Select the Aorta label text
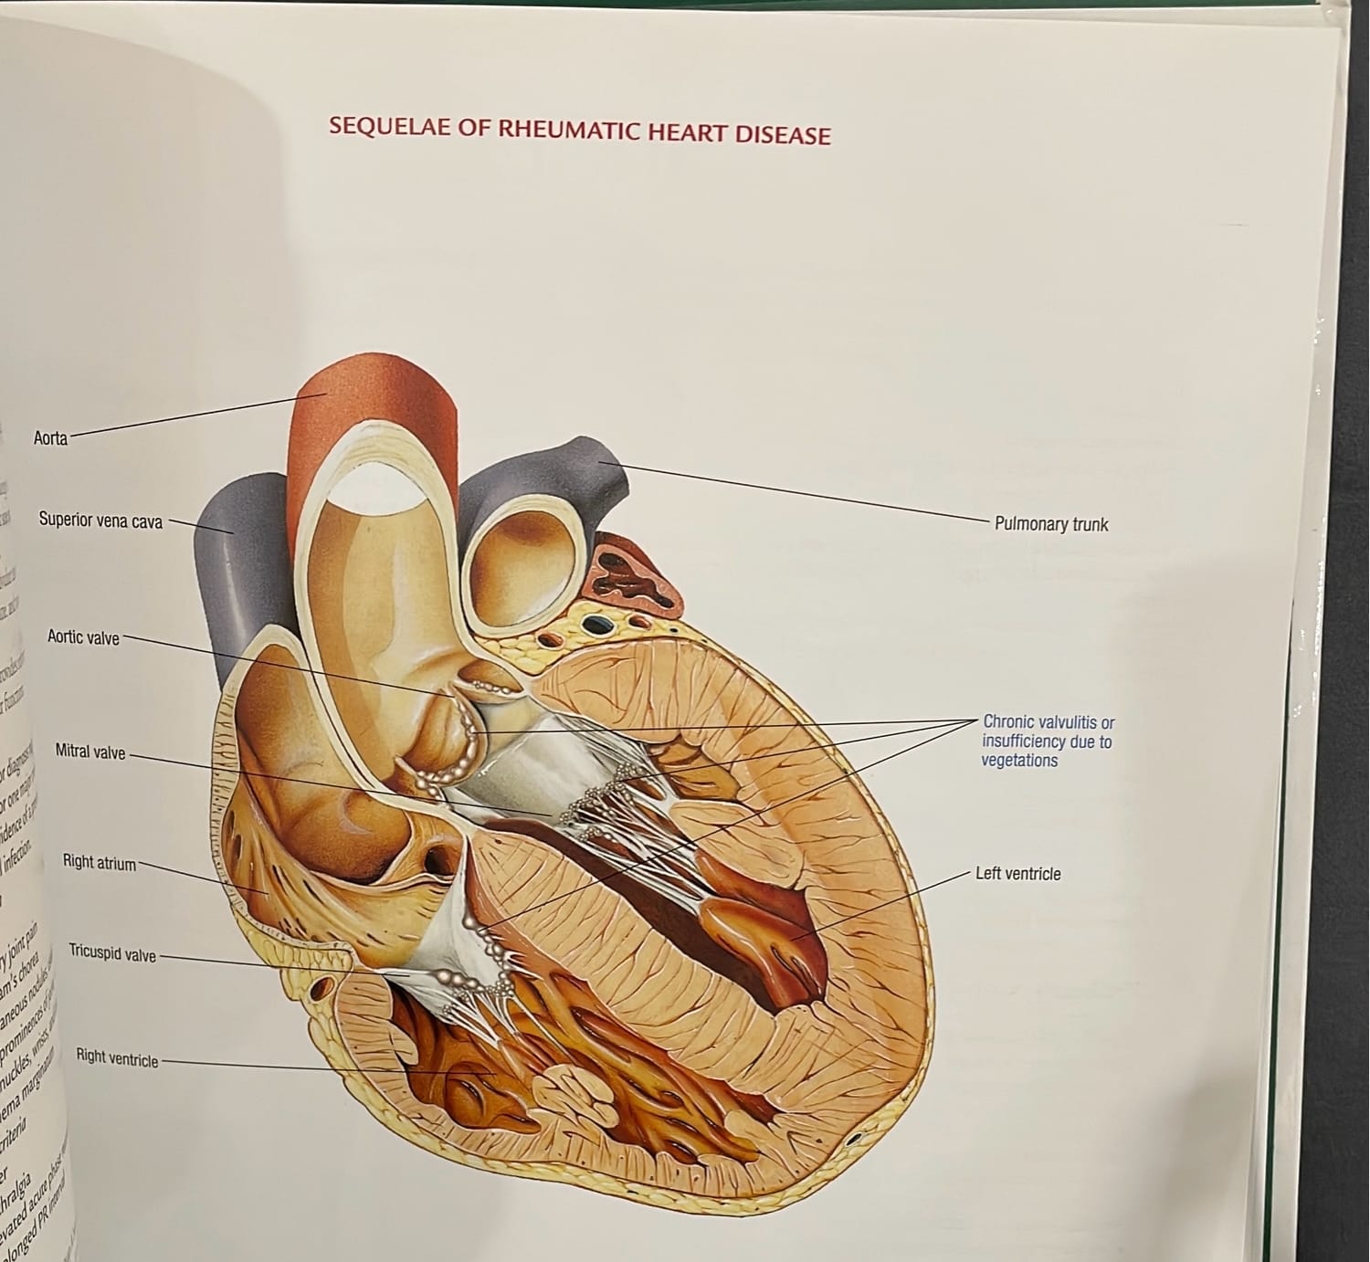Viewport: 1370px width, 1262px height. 50,438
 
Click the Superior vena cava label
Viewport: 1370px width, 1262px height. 100,521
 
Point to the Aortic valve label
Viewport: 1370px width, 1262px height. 83,637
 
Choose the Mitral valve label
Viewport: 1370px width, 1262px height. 90,752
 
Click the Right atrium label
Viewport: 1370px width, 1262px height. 99,861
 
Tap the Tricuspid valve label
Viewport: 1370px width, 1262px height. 112,955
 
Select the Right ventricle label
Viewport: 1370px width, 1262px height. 117,1058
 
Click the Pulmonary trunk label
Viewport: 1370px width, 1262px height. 1051,524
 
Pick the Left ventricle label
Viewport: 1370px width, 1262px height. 1017,874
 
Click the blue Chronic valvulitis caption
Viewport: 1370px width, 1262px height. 1048,741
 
